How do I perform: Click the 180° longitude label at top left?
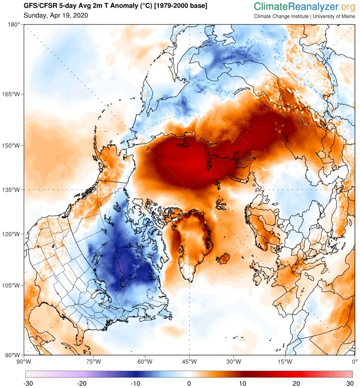[14, 25]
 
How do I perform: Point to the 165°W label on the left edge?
[12, 94]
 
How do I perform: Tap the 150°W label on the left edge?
[12, 146]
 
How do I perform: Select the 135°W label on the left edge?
[12, 190]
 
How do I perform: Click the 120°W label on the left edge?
[12, 234]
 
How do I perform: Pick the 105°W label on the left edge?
[12, 285]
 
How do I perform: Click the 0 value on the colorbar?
[189, 383]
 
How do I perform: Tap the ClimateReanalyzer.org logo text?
[305, 6]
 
